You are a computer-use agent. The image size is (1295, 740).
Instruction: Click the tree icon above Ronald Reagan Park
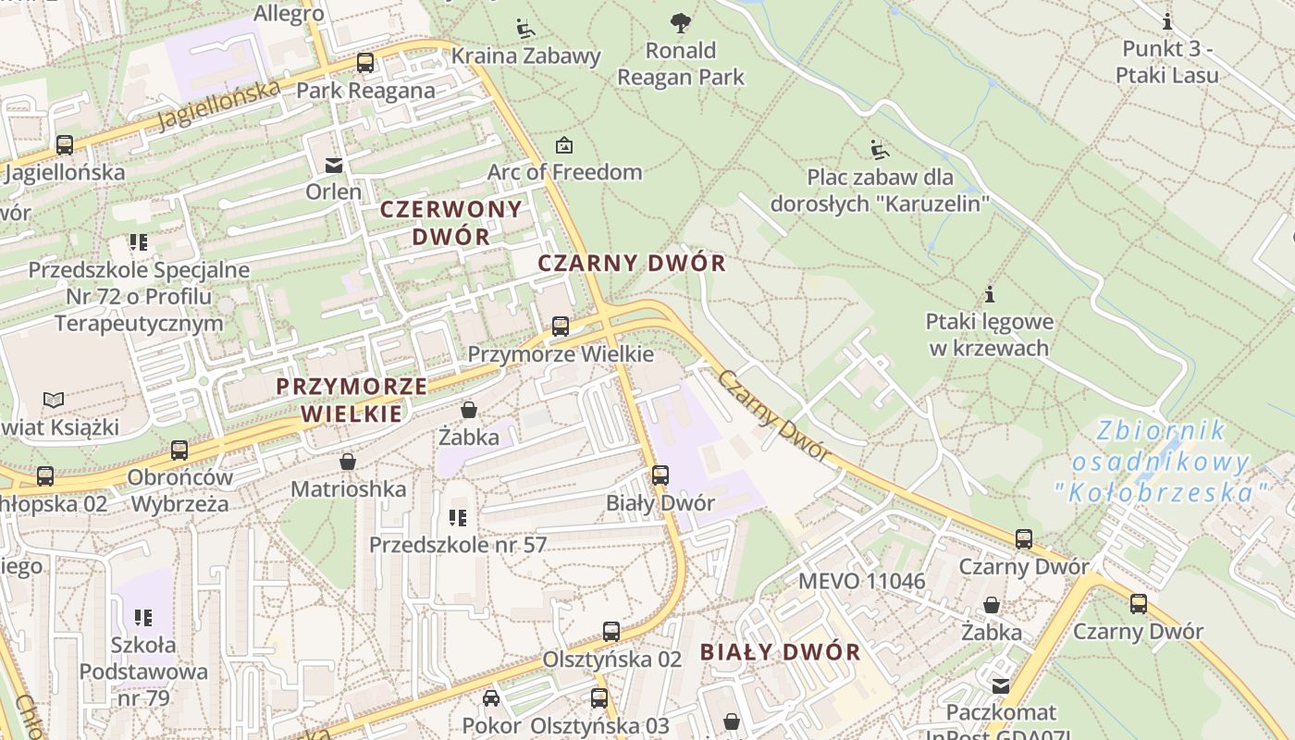tap(680, 22)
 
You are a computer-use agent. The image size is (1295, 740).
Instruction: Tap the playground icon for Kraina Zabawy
tap(525, 28)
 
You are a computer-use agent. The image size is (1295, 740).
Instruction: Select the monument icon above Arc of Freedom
tap(563, 145)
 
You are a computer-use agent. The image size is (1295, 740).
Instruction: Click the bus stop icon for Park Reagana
tap(365, 63)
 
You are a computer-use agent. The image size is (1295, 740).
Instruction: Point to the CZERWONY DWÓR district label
tap(451, 223)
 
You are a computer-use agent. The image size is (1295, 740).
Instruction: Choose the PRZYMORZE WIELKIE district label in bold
tap(351, 400)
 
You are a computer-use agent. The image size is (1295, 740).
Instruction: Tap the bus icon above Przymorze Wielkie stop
tap(561, 327)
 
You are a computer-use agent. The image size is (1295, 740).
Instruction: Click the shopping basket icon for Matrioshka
tap(348, 461)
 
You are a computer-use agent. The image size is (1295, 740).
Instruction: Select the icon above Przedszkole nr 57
tap(458, 518)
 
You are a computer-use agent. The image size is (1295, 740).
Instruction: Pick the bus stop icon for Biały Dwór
tap(660, 475)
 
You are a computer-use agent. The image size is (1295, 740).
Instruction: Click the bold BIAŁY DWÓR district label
tap(780, 652)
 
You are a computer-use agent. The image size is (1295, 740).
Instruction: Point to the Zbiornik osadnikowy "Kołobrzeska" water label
tap(1159, 462)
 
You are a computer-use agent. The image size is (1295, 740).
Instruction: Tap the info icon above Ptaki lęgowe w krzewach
tap(990, 295)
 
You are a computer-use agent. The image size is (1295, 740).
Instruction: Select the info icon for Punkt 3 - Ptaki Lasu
tap(1167, 21)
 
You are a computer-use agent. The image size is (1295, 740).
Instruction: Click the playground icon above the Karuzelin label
tap(879, 149)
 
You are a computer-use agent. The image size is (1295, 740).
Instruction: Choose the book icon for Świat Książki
tap(55, 400)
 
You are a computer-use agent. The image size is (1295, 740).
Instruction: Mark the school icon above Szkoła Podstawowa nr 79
tap(142, 617)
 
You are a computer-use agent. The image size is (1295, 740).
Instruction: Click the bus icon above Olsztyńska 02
tap(611, 632)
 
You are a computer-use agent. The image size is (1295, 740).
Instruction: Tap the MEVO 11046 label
tap(861, 581)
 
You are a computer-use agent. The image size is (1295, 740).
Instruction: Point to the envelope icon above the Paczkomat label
tap(1001, 685)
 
